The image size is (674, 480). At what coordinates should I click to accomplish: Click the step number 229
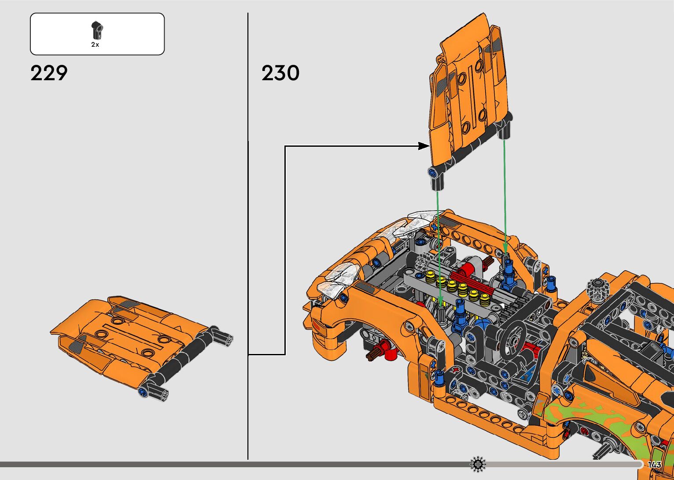(49, 73)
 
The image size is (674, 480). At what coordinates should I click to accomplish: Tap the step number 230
(280, 73)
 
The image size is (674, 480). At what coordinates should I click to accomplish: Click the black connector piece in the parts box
(97, 30)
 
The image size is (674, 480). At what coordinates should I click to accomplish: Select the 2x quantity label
(95, 45)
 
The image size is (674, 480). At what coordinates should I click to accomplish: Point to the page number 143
(655, 464)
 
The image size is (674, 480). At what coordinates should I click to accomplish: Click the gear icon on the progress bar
(478, 464)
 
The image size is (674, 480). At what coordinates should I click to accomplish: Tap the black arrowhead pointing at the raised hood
(424, 146)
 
